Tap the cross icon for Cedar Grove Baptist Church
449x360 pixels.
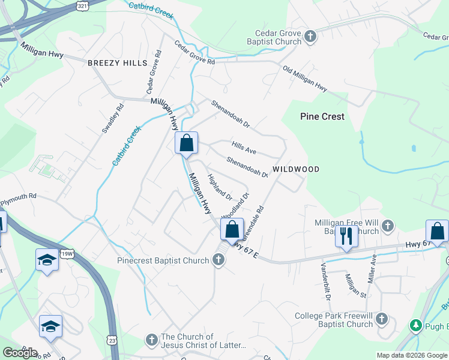(x=310, y=37)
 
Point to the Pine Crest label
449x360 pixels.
(x=322, y=116)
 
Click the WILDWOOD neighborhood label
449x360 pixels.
(x=296, y=170)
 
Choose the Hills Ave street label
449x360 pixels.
(x=244, y=147)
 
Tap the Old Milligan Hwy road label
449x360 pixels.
(x=305, y=79)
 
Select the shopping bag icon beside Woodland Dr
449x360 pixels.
(x=232, y=229)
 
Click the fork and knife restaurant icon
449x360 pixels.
(x=346, y=235)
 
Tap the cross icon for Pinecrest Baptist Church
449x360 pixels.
(x=219, y=260)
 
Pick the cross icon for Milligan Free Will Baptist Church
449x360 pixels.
(x=388, y=226)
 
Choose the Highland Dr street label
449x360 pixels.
(x=219, y=187)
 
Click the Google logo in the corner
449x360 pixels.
(x=20, y=352)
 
